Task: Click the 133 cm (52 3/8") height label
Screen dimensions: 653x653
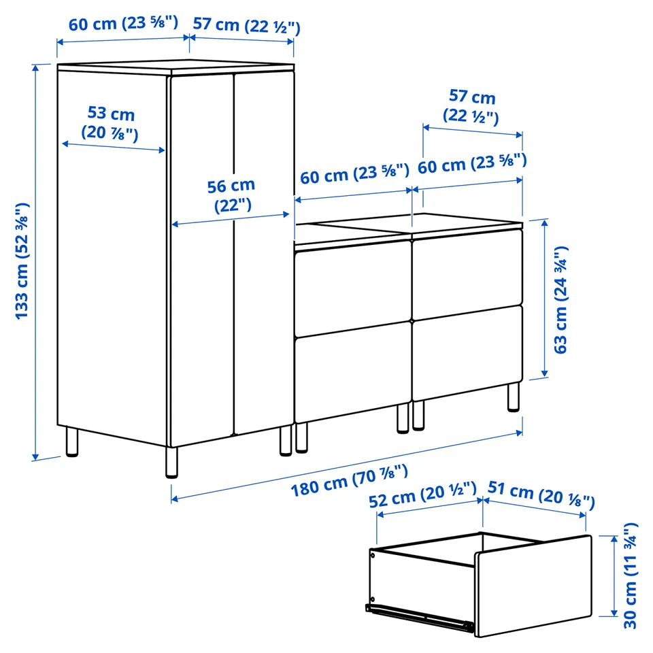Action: (x=22, y=261)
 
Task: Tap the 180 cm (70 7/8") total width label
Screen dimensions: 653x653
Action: (x=349, y=481)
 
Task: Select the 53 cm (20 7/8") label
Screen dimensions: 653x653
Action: (x=110, y=124)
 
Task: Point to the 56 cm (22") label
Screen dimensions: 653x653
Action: (x=231, y=195)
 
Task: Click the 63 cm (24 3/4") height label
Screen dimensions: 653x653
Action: (x=560, y=300)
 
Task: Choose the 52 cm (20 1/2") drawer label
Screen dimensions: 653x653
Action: (x=422, y=495)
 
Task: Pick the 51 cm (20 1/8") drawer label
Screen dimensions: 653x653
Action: (x=541, y=495)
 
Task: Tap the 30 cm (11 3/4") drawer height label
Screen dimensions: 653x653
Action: (x=631, y=575)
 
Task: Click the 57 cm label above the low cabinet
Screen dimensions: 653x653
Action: (x=471, y=107)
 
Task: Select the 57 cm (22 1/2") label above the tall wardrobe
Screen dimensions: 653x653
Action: (x=246, y=25)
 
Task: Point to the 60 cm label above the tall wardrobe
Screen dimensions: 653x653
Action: (x=123, y=23)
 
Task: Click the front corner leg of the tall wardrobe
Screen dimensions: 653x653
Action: (x=171, y=463)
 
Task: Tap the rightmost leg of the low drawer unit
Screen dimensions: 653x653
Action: (x=514, y=397)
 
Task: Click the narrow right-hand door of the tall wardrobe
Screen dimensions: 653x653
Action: (x=264, y=254)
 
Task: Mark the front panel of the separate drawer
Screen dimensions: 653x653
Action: (x=534, y=586)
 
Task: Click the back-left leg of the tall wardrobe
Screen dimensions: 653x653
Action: (x=71, y=441)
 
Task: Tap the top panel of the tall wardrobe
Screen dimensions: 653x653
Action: (x=175, y=67)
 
